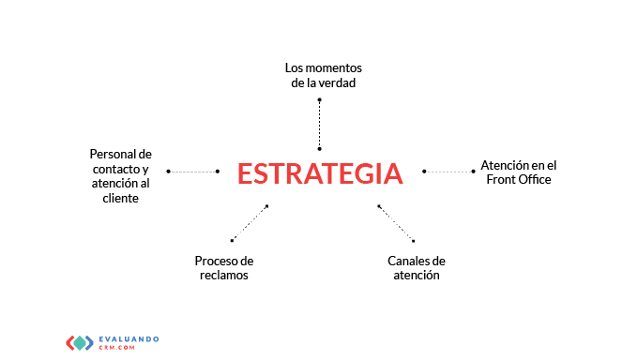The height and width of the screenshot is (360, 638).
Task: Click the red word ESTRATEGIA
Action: (x=320, y=173)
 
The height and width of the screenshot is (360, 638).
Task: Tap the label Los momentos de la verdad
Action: (x=324, y=75)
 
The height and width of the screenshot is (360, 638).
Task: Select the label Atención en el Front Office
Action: (x=518, y=172)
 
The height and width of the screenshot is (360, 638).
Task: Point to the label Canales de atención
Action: (x=417, y=268)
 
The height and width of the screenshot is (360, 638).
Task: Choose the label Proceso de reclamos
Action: (x=224, y=268)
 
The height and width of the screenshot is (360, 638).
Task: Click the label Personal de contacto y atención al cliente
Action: (x=120, y=176)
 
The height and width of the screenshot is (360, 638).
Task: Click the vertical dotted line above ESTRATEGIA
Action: (x=319, y=125)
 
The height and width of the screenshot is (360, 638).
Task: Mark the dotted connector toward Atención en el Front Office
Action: (x=448, y=172)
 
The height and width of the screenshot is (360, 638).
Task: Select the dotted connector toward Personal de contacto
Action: (x=193, y=172)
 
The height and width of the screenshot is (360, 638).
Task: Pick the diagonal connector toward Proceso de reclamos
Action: (x=250, y=223)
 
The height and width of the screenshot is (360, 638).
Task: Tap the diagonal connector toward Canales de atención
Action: (x=396, y=223)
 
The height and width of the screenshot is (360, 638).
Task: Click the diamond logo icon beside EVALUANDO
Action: (x=80, y=343)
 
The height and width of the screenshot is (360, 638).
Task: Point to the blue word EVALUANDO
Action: (x=129, y=338)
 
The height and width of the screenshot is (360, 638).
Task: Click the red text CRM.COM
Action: (x=116, y=348)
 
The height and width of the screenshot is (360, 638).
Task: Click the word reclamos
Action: (x=224, y=275)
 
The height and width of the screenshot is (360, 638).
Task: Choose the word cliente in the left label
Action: (x=120, y=198)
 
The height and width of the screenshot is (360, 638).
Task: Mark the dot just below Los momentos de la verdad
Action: (x=319, y=99)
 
